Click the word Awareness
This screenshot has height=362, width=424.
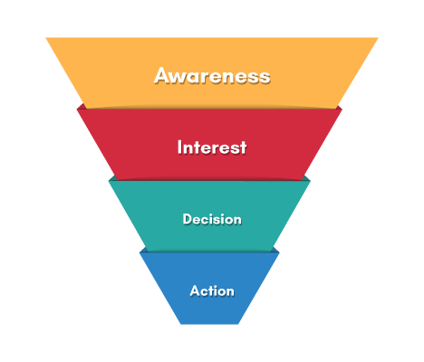(x=212, y=75)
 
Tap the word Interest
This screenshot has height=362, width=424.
(x=212, y=148)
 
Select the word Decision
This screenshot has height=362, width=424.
(x=212, y=219)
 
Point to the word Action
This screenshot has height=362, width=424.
(x=212, y=291)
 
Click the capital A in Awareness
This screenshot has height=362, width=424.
(x=163, y=75)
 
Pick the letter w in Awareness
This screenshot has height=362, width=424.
(x=183, y=78)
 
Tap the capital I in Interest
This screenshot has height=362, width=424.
(x=179, y=148)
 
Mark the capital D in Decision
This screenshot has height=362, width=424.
(x=188, y=219)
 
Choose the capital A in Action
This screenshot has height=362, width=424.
(x=196, y=291)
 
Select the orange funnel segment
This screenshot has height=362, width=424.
(x=212, y=72)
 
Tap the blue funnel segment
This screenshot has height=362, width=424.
(x=209, y=288)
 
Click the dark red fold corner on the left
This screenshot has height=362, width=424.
(x=82, y=106)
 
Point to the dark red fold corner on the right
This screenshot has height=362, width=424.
(x=338, y=108)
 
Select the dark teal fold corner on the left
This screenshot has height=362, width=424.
(x=112, y=178)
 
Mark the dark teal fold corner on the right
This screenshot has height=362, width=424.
(x=305, y=178)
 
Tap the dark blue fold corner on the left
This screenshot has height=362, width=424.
(x=144, y=250)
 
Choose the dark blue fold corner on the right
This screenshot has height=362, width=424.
(x=275, y=250)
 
